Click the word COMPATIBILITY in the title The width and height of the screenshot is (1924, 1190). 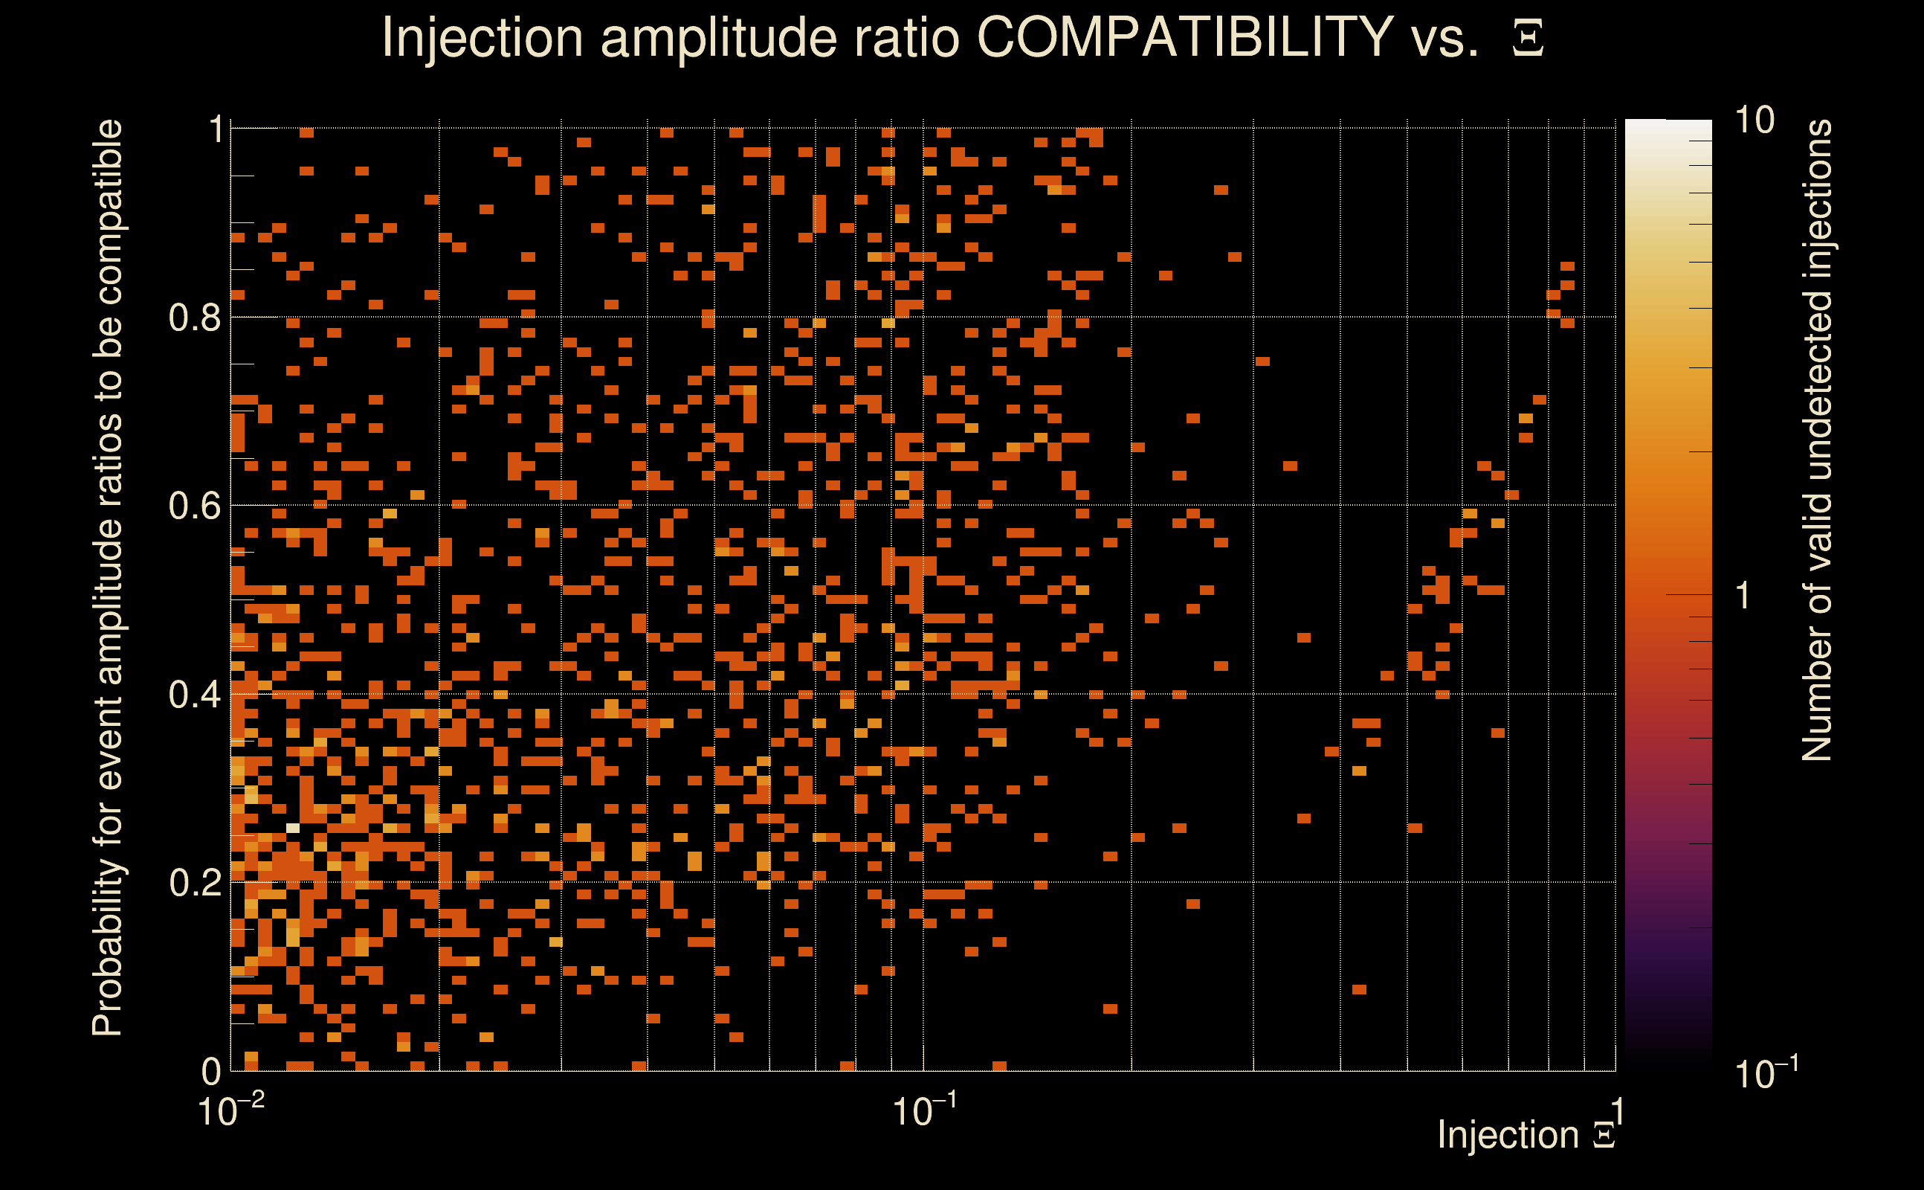click(1184, 37)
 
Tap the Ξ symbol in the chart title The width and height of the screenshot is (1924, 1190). click(1528, 39)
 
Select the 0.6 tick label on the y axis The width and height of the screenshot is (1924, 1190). click(194, 506)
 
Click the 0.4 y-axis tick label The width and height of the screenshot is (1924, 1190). click(194, 695)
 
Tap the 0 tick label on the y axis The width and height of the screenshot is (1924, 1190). click(211, 1071)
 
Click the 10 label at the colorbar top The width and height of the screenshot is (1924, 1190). click(1754, 121)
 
